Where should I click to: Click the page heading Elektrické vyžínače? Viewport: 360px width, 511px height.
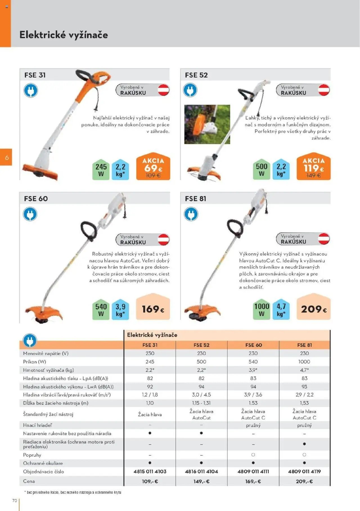point(64,35)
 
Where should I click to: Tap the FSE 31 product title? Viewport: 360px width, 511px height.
point(35,75)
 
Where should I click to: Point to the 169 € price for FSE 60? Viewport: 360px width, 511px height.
point(153,309)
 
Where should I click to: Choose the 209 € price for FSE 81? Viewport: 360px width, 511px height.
point(314,309)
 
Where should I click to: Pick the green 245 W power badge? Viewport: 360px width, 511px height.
point(101,170)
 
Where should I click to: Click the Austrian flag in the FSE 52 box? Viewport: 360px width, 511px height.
point(324,90)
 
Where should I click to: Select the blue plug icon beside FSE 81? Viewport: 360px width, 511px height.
point(191,214)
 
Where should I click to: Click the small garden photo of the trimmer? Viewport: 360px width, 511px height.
point(207,124)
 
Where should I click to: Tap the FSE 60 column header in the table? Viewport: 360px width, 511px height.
point(253,345)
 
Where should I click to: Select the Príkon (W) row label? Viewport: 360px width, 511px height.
point(35,362)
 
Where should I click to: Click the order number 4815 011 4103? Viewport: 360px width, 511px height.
point(150,471)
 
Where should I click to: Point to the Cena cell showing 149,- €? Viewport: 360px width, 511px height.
point(201,481)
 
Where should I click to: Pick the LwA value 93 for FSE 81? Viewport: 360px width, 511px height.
point(304,387)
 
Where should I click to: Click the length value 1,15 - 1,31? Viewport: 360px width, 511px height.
point(201,403)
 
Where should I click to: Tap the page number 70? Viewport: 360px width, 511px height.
point(15,500)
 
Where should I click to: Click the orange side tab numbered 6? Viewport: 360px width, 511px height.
point(6,157)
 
